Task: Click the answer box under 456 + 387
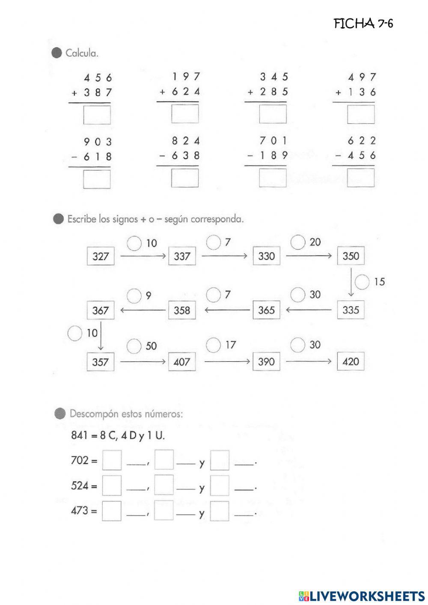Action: coord(97,115)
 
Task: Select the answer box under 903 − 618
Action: coord(97,179)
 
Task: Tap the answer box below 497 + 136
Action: coord(361,114)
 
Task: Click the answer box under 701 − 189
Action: coord(273,178)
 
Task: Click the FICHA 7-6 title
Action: coord(363,24)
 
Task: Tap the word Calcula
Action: coord(82,54)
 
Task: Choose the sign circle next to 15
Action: coord(362,282)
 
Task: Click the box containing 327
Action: coord(101,256)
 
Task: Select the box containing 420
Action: coord(351,361)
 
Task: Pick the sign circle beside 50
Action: coord(134,346)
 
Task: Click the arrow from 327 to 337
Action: coord(143,256)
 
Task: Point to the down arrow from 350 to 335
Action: coord(351,283)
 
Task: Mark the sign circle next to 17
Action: coord(213,345)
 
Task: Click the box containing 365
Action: coord(266,310)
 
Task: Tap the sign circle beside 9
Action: coord(134,295)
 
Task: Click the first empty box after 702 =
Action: coord(112,460)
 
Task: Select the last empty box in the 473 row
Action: coord(220,511)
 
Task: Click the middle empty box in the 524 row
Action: coord(164,485)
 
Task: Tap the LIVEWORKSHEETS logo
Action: coord(362,596)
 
